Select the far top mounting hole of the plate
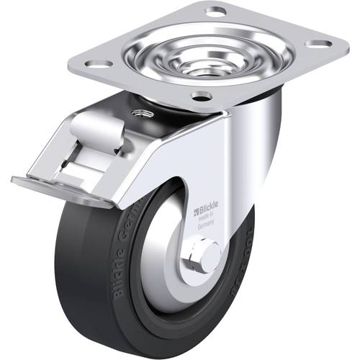pyautogui.click(x=215, y=11)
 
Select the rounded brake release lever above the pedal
pyautogui.click(x=100, y=132)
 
